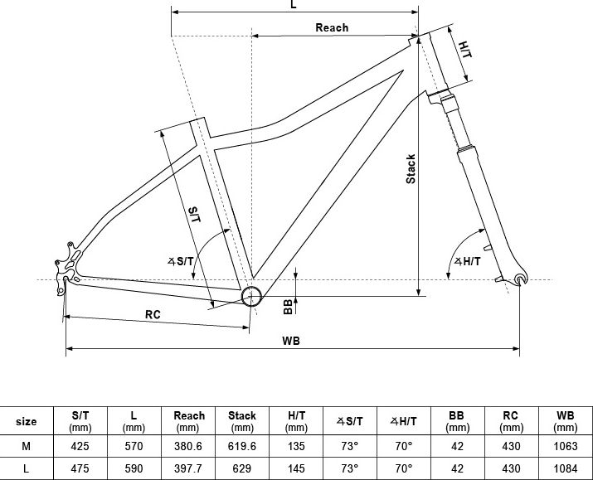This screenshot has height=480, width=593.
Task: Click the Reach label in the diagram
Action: click(332, 27)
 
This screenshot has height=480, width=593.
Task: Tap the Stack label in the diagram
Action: click(411, 169)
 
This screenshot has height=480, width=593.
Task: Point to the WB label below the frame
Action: click(291, 341)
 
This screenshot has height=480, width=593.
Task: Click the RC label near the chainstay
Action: click(153, 314)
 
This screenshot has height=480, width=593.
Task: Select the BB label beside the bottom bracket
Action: click(288, 307)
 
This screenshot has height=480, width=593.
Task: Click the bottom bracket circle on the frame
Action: click(251, 296)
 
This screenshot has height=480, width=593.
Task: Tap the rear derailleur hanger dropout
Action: click(66, 266)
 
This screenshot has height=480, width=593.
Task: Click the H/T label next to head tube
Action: click(465, 50)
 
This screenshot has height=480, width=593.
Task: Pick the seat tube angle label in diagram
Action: click(181, 261)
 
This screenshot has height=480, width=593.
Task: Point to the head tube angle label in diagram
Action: click(468, 261)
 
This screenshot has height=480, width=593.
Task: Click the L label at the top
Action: click(294, 4)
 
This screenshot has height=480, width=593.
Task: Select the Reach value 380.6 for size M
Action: click(188, 446)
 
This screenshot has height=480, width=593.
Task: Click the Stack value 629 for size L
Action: click(242, 469)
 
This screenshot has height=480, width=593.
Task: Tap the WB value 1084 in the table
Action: click(566, 469)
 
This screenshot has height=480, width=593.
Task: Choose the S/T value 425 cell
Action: click(80, 446)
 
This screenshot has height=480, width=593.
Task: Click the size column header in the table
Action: click(27, 421)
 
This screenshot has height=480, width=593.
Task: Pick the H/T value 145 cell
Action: click(296, 469)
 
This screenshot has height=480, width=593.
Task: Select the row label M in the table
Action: click(26, 446)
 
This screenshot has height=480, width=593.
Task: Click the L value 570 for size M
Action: click(134, 446)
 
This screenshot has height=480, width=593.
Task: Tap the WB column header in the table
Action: click(566, 421)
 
